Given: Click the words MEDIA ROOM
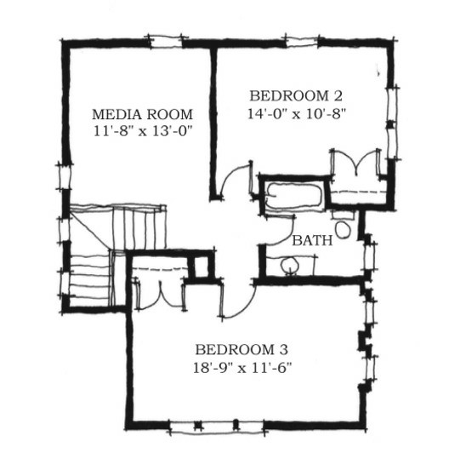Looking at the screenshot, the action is tap(142, 114).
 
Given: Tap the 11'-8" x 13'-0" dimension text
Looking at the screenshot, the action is tap(143, 131).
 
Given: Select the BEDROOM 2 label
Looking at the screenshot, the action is tap(296, 96).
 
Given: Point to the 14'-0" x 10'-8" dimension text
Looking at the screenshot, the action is tap(296, 113).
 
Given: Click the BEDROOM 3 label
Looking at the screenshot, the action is tap(242, 350).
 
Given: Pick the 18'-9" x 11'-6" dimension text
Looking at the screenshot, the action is tap(242, 368).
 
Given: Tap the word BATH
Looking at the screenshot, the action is tap(312, 240).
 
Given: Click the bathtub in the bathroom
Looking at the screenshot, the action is tap(294, 195).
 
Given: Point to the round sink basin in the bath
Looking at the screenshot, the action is tap(289, 264).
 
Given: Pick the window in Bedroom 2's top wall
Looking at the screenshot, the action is tap(302, 41).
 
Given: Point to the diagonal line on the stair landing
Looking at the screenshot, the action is tap(90, 231).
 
